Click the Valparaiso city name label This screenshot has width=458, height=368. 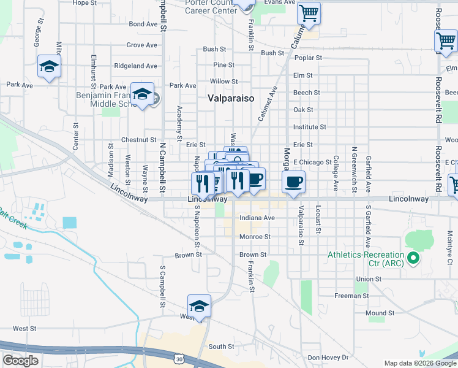point(231,98)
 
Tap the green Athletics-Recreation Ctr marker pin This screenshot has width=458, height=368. point(413,258)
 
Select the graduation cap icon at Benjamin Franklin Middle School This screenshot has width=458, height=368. point(143,94)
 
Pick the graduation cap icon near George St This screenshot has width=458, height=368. point(49,66)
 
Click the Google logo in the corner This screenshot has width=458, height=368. point(20,361)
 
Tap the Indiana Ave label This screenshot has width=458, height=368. point(257,218)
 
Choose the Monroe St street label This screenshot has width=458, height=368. point(255,236)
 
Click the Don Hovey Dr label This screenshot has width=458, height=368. point(328,358)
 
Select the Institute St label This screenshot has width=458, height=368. point(310,127)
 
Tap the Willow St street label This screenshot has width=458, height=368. point(223,81)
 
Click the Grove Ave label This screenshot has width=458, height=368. point(142,45)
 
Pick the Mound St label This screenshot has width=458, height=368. point(380,313)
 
